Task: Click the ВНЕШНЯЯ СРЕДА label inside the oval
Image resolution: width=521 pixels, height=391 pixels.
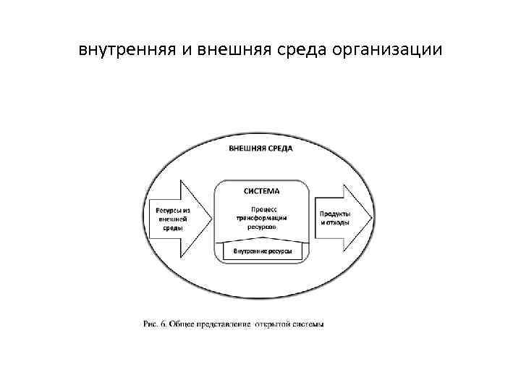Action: (x=261, y=148)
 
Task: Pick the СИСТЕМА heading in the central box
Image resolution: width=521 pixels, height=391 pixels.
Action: (x=260, y=191)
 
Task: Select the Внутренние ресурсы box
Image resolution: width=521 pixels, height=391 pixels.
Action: (x=262, y=251)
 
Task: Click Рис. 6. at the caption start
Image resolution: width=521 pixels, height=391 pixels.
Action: (x=153, y=324)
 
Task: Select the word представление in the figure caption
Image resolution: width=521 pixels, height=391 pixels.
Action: (x=219, y=324)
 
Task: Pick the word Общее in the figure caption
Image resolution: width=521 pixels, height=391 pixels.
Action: (x=180, y=324)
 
